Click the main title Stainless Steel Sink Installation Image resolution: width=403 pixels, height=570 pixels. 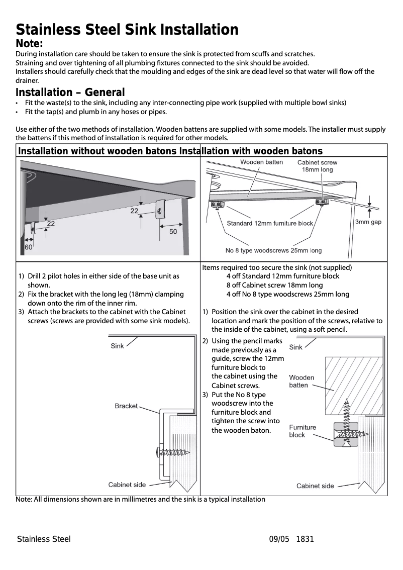(x=127, y=30)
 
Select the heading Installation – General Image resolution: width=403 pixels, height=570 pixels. (x=70, y=92)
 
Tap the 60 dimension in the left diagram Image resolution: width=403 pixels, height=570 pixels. (x=29, y=247)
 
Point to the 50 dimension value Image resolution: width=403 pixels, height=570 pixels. (x=173, y=232)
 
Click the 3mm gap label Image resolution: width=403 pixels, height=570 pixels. (x=368, y=222)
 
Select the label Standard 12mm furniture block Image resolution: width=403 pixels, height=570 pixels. (x=270, y=223)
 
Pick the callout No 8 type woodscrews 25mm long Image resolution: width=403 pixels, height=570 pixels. (x=273, y=250)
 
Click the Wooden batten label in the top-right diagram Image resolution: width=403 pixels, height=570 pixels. (x=261, y=162)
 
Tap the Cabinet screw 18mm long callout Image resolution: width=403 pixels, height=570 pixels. (x=317, y=166)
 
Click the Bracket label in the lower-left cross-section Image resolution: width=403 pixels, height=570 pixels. (x=126, y=406)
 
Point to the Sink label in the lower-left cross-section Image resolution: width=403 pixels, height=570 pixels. (x=117, y=346)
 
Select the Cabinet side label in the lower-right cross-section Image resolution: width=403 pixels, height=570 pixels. (x=315, y=486)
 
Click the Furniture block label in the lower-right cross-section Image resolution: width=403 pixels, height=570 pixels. (x=303, y=431)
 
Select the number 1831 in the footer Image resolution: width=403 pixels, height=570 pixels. (x=305, y=539)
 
